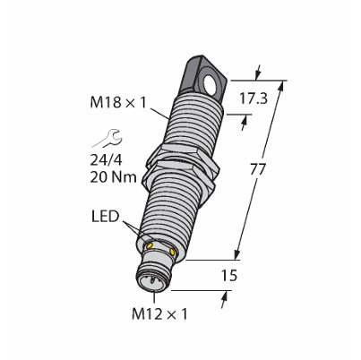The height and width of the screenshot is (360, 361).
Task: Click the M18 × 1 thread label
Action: point(118,103)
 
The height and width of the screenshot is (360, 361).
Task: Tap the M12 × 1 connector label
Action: point(159,314)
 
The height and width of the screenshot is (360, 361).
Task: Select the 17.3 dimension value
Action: point(254,99)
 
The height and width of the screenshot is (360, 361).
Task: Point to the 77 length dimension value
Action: point(257,169)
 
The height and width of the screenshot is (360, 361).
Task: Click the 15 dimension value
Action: point(229,275)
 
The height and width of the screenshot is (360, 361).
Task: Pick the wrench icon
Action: point(107,138)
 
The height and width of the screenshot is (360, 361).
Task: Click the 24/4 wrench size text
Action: point(107,160)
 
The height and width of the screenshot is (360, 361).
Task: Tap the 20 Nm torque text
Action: point(113,177)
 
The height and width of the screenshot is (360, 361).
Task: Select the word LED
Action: point(105,217)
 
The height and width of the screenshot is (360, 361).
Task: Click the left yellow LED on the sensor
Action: point(149,245)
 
